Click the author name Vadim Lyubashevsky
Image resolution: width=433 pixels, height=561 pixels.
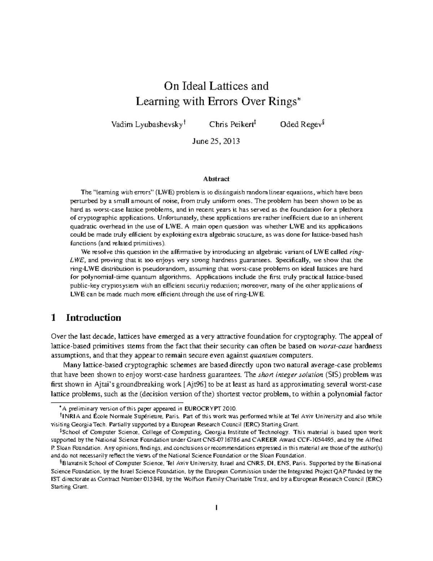[x=146, y=125]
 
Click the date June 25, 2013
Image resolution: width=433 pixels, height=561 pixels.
[x=216, y=141]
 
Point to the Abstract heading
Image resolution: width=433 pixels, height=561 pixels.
[x=216, y=179]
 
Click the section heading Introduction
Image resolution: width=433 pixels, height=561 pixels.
[x=93, y=318]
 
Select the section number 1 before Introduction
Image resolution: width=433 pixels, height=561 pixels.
[x=54, y=318]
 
